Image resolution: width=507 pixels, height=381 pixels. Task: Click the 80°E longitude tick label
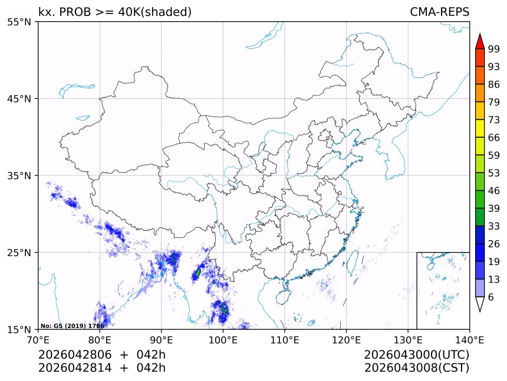tap(100, 339)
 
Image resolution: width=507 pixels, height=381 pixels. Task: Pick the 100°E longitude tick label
tap(223, 339)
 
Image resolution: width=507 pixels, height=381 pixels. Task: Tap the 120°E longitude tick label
tap(346, 339)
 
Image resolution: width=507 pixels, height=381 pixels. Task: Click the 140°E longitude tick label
tap(469, 339)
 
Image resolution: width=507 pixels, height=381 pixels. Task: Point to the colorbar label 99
tap(494, 49)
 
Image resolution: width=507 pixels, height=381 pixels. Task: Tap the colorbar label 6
tap(491, 297)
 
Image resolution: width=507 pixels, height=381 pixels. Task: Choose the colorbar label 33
tap(494, 226)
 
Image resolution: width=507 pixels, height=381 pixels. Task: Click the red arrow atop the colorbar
tap(479, 41)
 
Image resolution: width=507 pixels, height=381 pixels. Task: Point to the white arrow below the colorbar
tap(479, 304)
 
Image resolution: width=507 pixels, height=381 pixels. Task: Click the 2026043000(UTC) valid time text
tap(417, 355)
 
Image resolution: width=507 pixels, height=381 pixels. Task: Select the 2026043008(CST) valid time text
tap(417, 368)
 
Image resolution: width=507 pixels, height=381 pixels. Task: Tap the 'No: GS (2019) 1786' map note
tap(72, 326)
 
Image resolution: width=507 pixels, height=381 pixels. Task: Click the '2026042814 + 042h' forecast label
tap(102, 368)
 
